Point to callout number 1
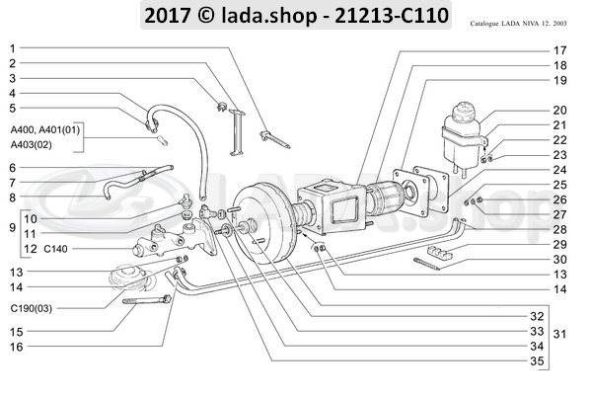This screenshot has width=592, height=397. point(13,48)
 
